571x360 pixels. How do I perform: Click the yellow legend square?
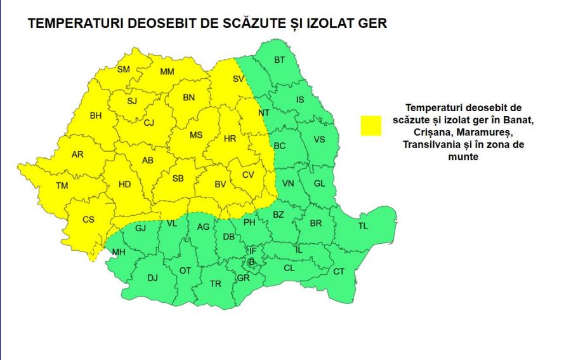click(371, 125)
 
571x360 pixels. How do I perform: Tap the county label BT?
click(280, 60)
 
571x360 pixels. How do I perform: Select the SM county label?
click(124, 70)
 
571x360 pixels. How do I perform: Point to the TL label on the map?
click(363, 226)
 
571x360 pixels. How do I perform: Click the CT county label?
click(339, 272)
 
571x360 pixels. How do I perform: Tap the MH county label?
click(119, 253)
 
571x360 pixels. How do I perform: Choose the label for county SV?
click(239, 79)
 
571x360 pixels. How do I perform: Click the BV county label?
click(220, 185)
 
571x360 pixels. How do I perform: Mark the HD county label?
click(124, 185)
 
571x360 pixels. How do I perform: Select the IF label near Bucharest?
click(252, 250)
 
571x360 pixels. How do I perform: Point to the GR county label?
click(243, 278)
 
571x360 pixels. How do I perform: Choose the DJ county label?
click(153, 277)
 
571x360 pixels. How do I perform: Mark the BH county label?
click(96, 116)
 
